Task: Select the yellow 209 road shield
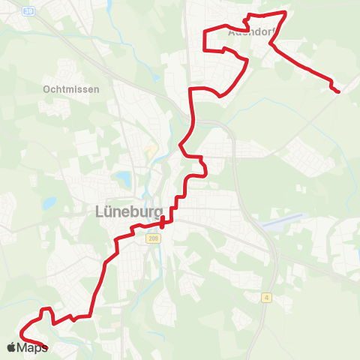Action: point(154,239)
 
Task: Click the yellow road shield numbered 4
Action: point(266,298)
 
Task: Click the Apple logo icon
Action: point(11,346)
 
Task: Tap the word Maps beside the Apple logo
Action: point(32,347)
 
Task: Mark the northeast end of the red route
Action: point(337,91)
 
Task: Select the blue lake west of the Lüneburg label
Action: point(49,202)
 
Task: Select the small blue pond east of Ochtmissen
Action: point(154,77)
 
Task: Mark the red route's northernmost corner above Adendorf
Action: point(286,12)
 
